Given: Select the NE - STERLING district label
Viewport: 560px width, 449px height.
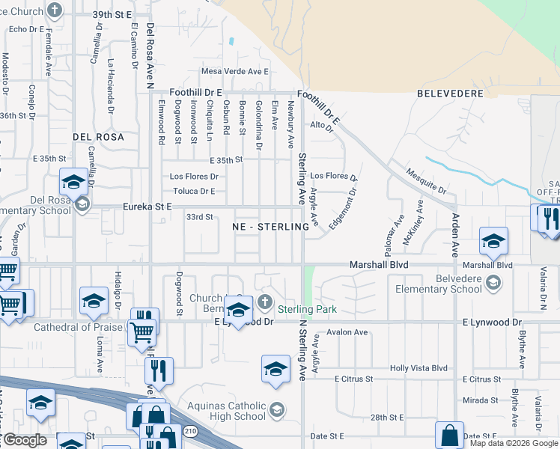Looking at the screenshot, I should coord(261,226).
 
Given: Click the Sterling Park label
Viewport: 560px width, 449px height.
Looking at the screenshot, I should coord(308,309).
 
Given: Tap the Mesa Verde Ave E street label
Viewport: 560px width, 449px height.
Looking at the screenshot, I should coord(234,71).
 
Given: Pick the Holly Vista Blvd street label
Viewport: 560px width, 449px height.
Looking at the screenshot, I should coord(419,368).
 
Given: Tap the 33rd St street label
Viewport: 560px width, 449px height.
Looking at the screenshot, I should coord(200,217).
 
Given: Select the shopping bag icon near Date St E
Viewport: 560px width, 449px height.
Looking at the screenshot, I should coord(449,434).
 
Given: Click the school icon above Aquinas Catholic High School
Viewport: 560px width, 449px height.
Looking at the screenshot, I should coord(276,369).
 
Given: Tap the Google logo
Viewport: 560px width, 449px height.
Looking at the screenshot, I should coord(25,440).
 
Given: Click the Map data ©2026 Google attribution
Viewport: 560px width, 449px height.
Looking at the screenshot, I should coord(514,443).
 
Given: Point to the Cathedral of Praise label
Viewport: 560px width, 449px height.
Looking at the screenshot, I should coord(68,327).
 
